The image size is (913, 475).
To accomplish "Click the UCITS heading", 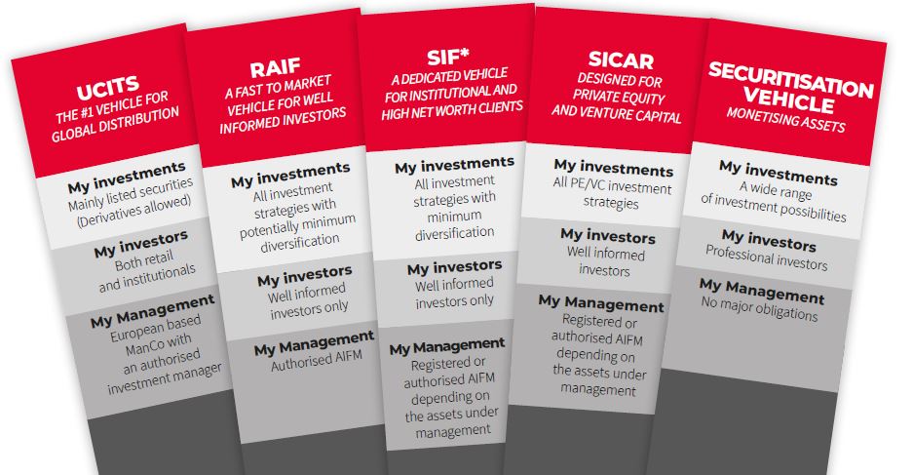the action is click(108, 88).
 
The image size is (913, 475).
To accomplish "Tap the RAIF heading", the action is click(276, 68).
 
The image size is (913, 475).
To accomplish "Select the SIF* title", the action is click(448, 58).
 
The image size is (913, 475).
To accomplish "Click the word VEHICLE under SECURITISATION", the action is click(789, 99).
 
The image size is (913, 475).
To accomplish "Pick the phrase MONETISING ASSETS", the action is click(785, 120).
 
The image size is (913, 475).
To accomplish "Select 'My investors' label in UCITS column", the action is click(141, 244).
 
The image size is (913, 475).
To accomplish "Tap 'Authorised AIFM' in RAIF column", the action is click(317, 360).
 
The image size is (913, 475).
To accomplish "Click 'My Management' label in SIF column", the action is click(447, 345).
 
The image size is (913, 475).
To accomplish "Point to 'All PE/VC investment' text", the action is click(612, 185).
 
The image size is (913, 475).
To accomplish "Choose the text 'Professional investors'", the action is click(766, 258).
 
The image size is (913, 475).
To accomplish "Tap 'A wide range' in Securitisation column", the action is click(776, 191).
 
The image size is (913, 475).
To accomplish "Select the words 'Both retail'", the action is click(144, 261).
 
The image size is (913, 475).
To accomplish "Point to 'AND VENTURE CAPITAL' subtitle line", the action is click(617, 113).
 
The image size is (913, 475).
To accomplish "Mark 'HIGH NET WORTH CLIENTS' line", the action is click(452, 110).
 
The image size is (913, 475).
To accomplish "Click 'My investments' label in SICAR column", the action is click(614, 168).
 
